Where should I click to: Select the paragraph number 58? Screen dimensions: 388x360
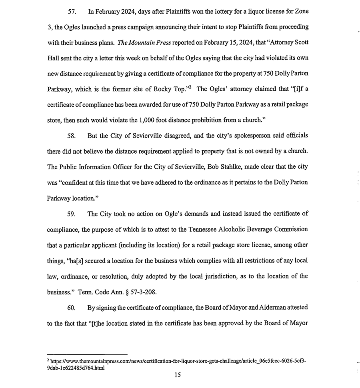[x=72, y=135]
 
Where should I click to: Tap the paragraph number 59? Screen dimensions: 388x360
[x=72, y=214]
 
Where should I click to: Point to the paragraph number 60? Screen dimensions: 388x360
[x=72, y=308]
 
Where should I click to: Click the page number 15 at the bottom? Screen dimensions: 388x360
[x=178, y=375]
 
